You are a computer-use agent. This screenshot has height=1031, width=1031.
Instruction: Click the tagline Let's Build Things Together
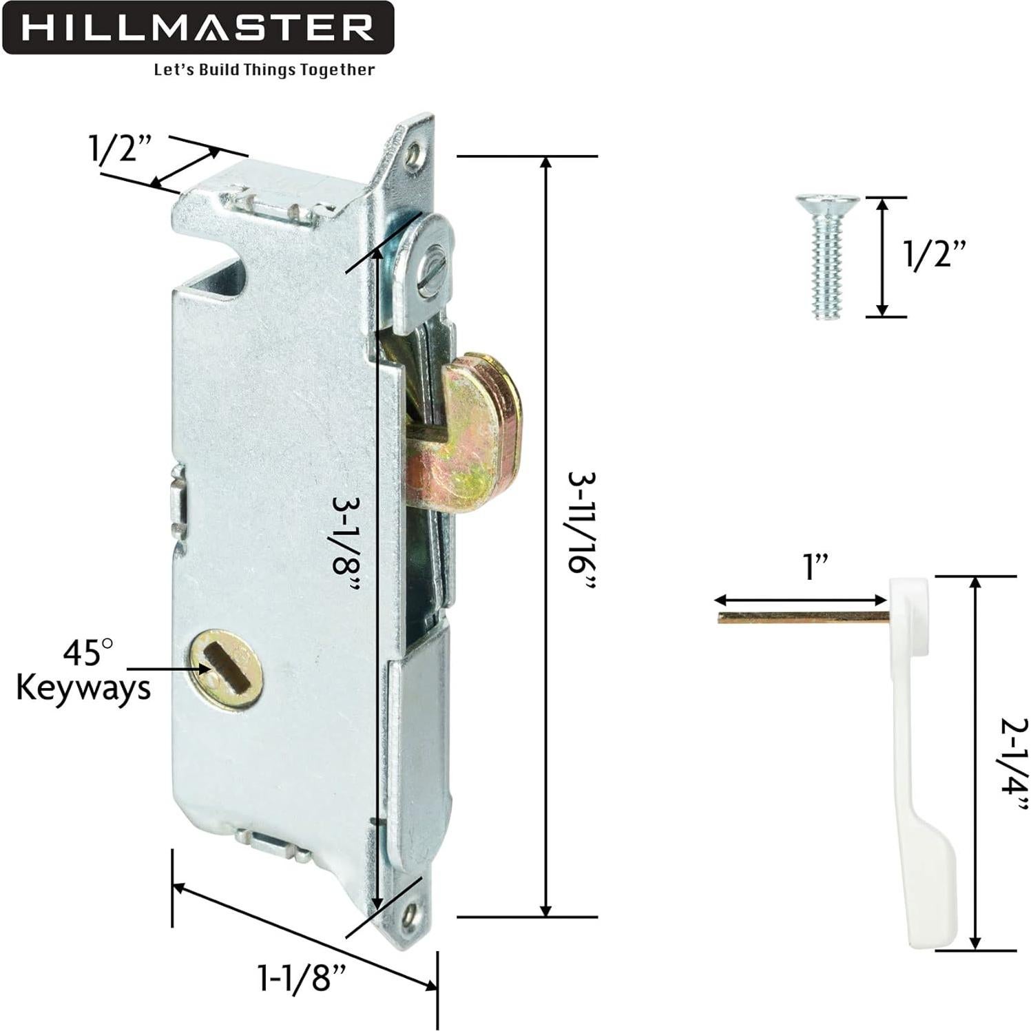pyautogui.click(x=264, y=70)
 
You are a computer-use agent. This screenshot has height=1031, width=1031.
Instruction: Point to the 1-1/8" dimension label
pyautogui.click(x=301, y=977)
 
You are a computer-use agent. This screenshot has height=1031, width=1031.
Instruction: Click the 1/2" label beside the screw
pyautogui.click(x=935, y=256)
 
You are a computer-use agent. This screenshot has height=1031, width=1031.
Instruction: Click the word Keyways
pyautogui.click(x=83, y=687)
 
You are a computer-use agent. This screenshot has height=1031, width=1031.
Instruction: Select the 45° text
pyautogui.click(x=88, y=651)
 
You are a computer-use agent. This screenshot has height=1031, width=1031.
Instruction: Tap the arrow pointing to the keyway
pyautogui.click(x=165, y=669)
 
